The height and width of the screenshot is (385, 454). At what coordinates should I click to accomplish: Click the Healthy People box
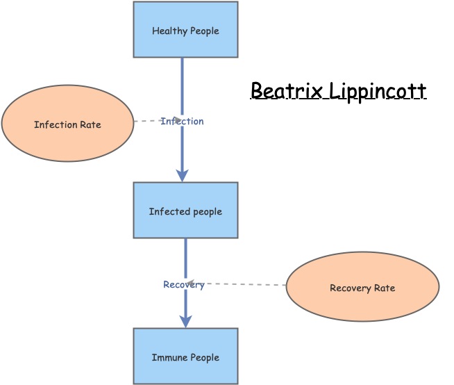[x=185, y=29]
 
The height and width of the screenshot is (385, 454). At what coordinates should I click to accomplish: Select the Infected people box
[x=185, y=210]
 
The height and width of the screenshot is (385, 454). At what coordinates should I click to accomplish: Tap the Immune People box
[x=185, y=356]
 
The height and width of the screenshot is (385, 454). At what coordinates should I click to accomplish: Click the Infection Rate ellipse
[x=67, y=124]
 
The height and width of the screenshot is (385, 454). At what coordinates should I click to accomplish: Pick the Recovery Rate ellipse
[x=362, y=286]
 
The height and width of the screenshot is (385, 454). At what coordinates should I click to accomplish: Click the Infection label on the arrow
[x=183, y=122]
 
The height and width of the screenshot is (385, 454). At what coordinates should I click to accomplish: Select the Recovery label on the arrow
[x=184, y=285]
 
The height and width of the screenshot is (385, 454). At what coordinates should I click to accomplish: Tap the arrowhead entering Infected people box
[x=183, y=176]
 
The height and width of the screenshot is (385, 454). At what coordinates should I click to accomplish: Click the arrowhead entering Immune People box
[x=185, y=322]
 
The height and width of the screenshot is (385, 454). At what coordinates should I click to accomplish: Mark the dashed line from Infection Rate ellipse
[x=147, y=121]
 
